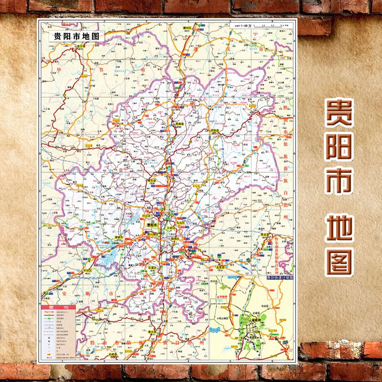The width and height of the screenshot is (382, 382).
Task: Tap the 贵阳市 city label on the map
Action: point(152,225)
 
